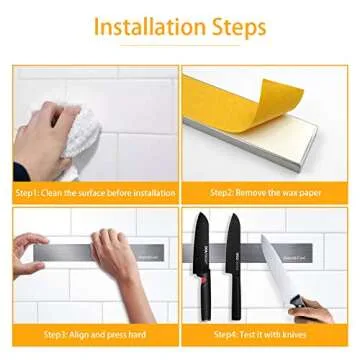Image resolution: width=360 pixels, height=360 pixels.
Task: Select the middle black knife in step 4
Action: pyautogui.click(x=233, y=255)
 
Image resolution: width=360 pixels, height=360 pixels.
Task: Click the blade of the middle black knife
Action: pyautogui.click(x=233, y=240)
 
